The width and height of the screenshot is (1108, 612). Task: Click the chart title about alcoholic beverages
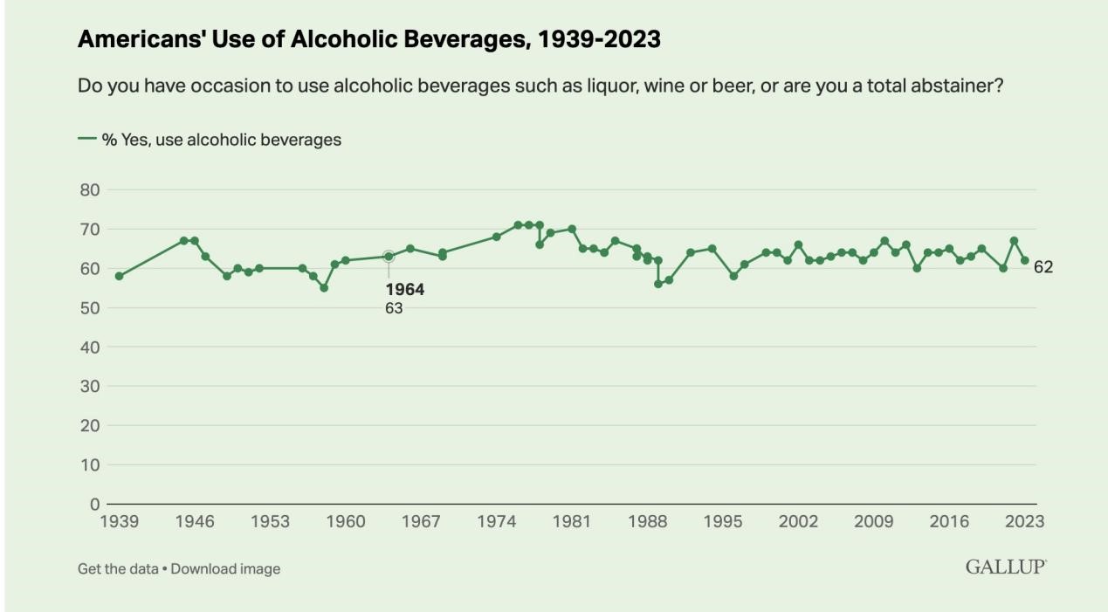click(368, 40)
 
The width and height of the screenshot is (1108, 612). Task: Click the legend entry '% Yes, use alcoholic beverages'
click(210, 139)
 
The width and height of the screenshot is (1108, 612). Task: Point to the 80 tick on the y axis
click(90, 189)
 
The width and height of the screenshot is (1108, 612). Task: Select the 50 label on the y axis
click(90, 308)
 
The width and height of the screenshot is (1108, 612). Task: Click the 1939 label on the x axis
click(120, 522)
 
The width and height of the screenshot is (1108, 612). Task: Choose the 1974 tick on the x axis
click(496, 522)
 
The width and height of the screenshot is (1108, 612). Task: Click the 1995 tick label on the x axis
click(722, 522)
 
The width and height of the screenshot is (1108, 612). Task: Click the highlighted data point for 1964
click(389, 257)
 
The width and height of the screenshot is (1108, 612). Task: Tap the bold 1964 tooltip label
click(405, 290)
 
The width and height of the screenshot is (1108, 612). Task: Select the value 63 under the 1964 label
click(394, 308)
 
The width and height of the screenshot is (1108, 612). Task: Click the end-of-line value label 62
click(1043, 268)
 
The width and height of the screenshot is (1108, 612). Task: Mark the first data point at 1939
click(120, 276)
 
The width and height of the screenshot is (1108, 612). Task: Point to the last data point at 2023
click(1024, 260)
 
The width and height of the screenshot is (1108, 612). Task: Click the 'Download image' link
click(225, 569)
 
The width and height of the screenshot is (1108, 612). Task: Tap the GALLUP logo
click(1006, 567)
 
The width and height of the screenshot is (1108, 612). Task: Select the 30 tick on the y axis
click(90, 387)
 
